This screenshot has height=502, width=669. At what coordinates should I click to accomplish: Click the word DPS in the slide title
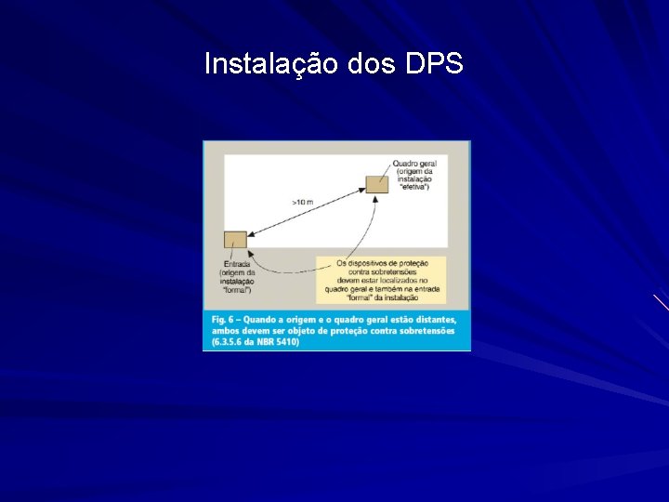(x=434, y=64)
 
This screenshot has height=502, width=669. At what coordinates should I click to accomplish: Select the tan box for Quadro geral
(x=376, y=182)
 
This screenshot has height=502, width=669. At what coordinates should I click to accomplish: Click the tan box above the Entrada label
(x=236, y=239)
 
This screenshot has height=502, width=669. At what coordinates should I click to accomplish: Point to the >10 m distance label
(x=304, y=202)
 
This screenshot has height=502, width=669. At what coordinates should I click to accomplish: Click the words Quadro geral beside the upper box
(x=415, y=164)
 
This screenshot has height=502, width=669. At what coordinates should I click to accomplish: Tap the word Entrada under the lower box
(x=236, y=262)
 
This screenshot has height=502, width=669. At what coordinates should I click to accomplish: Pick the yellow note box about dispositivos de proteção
(x=381, y=279)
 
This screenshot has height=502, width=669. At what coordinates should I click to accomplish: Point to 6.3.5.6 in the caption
(x=229, y=341)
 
